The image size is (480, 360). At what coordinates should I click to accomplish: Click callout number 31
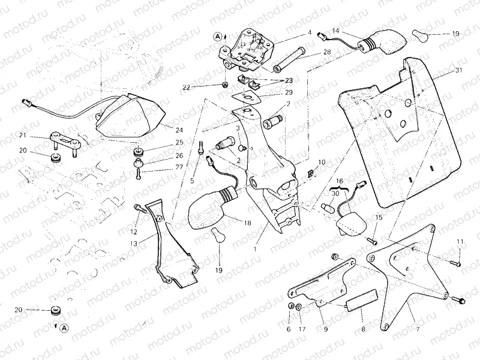coord(459,71)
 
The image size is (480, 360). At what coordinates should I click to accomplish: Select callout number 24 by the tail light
coord(179,130)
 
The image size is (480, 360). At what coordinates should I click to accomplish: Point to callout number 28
coord(326,53)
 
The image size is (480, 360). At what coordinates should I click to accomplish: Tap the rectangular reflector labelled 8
coord(362,298)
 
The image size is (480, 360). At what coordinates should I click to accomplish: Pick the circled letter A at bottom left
coord(64,328)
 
